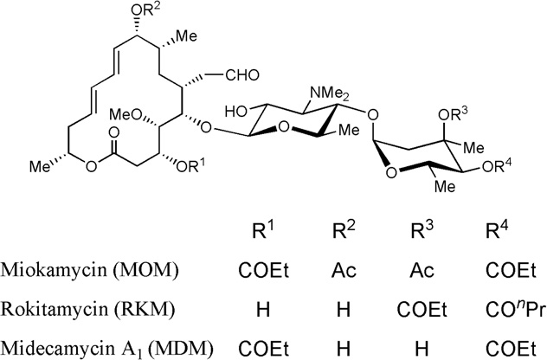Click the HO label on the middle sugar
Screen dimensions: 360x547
pyautogui.click(x=237, y=112)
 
